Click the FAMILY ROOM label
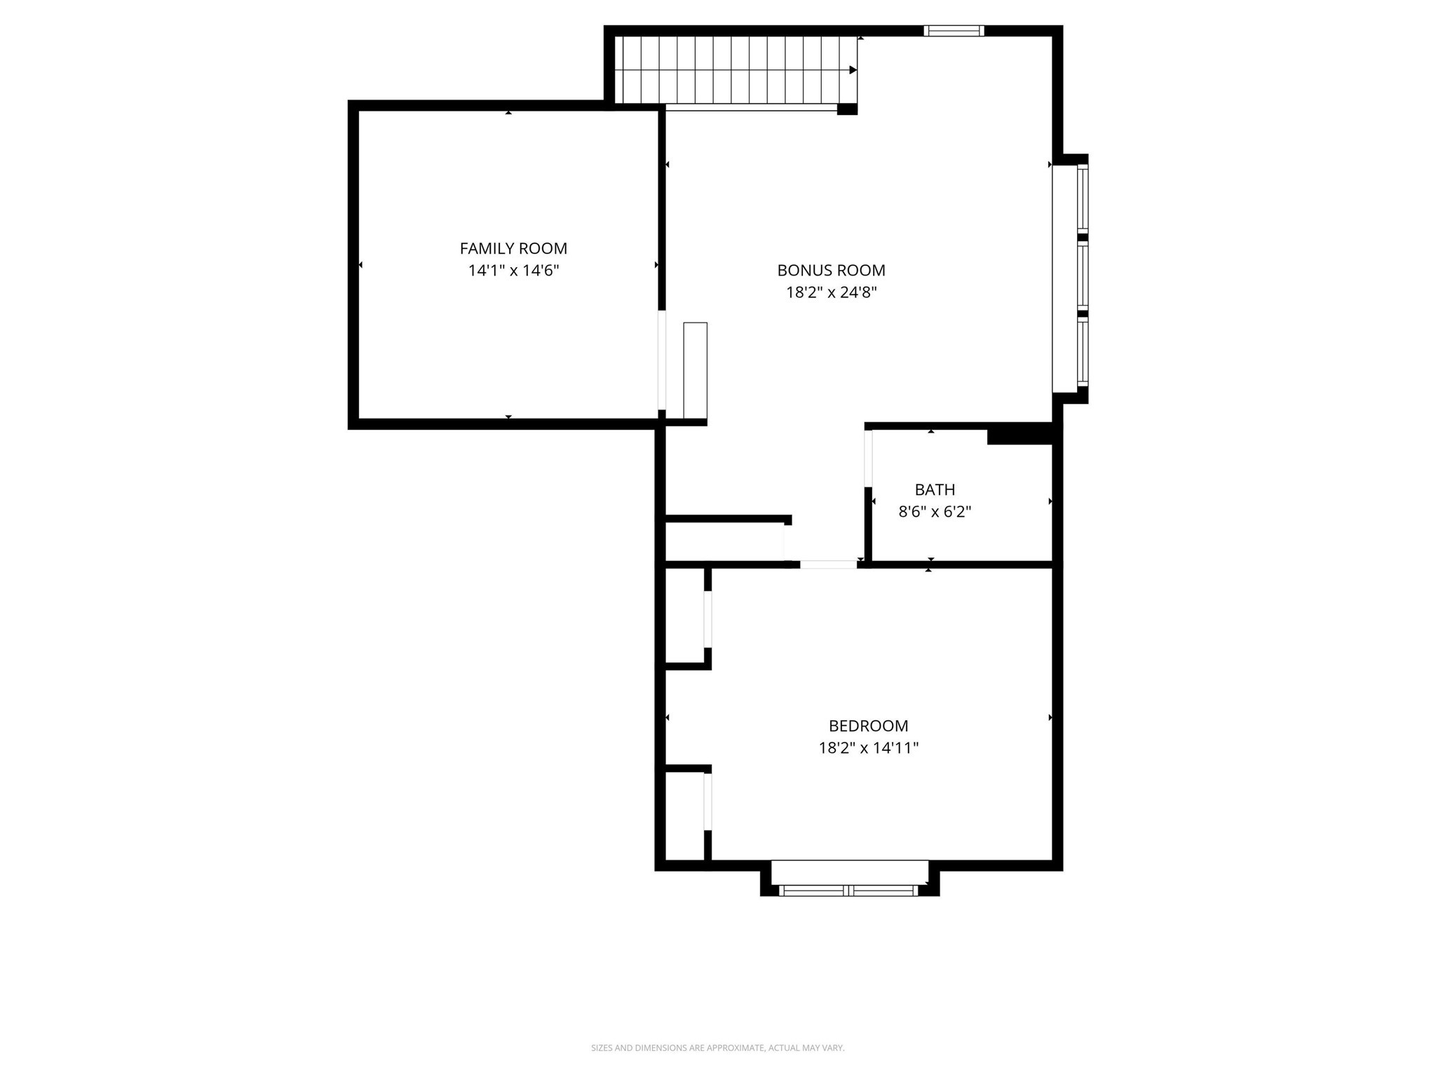(513, 248)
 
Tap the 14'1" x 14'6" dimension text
(513, 271)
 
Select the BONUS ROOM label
(831, 270)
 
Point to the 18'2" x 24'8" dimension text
(831, 292)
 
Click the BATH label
(935, 489)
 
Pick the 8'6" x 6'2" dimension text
(935, 512)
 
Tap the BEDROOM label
(868, 726)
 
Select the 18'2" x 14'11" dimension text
(868, 748)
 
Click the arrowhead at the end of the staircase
(853, 70)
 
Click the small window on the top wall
(954, 31)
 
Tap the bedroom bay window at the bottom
(848, 890)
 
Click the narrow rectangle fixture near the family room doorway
(695, 370)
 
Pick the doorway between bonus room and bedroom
(828, 564)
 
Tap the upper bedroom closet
(684, 616)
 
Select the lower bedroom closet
(684, 815)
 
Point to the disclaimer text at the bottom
(717, 1048)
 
